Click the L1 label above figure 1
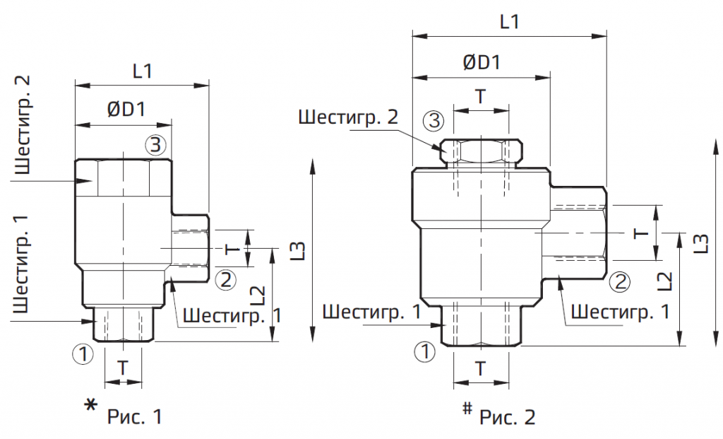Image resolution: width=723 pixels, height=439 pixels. tap(143, 71)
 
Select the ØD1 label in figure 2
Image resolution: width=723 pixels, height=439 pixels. tap(482, 62)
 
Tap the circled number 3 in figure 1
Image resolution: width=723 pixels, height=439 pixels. tap(156, 144)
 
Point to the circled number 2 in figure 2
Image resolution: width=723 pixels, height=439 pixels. tap(620, 281)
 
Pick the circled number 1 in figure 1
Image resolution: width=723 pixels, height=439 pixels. tap(83, 354)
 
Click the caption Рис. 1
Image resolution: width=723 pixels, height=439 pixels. tap(135, 416)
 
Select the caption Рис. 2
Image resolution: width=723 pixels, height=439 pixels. tap(507, 417)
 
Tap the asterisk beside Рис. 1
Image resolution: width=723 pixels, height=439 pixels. tap(91, 405)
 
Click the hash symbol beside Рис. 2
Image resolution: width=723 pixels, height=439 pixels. tap(467, 408)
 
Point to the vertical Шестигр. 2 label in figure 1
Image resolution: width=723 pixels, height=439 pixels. tap(23, 124)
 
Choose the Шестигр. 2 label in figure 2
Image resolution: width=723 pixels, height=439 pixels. tap(347, 117)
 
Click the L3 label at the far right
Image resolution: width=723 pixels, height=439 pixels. tap(700, 243)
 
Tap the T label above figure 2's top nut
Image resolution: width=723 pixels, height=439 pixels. tap(481, 96)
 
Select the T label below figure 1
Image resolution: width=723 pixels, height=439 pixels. tap(123, 368)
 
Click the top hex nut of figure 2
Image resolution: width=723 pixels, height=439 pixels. tap(481, 151)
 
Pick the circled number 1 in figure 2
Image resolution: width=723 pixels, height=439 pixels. tap(424, 352)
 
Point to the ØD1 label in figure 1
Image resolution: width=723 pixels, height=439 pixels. tap(126, 110)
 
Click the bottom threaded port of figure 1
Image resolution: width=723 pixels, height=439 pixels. tap(123, 324)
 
